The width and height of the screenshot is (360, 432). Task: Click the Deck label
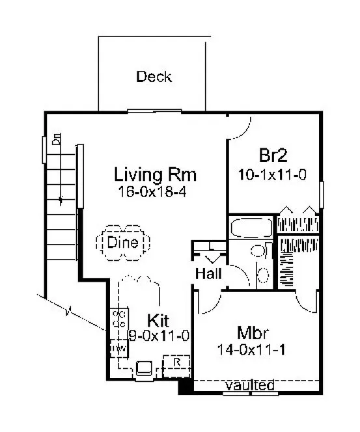click(154, 77)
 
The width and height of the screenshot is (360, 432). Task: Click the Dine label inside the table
click(122, 243)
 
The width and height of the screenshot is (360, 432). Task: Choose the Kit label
click(159, 320)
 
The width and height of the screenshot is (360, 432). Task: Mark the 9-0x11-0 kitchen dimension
click(159, 336)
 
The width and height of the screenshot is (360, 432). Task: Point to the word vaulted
click(249, 386)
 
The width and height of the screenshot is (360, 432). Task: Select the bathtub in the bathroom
click(251, 228)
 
